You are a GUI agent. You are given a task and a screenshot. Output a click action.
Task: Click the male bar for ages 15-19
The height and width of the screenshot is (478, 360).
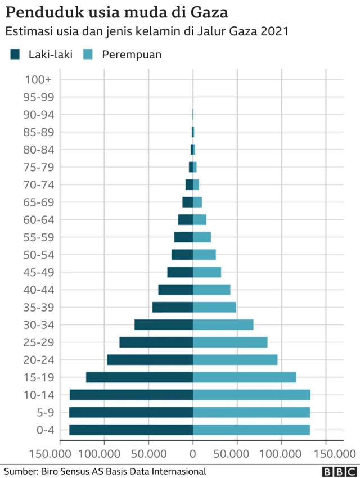(139, 377)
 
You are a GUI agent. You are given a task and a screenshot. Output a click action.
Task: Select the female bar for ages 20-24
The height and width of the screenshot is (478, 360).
(235, 360)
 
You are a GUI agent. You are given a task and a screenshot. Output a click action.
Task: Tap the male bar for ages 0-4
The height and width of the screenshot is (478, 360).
(131, 430)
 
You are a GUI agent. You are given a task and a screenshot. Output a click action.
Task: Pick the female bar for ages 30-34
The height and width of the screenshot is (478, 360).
(223, 324)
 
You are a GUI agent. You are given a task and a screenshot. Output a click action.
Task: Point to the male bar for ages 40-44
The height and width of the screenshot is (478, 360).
(175, 290)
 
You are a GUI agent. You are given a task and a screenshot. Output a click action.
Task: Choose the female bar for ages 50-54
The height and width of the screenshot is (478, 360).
(204, 255)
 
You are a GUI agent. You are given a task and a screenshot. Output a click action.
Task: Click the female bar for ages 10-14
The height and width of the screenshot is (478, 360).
(251, 395)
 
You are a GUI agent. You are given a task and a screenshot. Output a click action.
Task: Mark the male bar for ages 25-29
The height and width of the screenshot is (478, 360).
(156, 342)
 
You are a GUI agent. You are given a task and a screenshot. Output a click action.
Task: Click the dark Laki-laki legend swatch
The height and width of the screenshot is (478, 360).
(15, 55)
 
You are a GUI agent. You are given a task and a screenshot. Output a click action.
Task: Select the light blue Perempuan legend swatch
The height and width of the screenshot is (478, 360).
(88, 55)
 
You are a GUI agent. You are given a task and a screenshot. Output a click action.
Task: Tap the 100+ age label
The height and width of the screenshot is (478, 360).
(39, 80)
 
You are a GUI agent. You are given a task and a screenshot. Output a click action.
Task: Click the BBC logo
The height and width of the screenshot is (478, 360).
(338, 471)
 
